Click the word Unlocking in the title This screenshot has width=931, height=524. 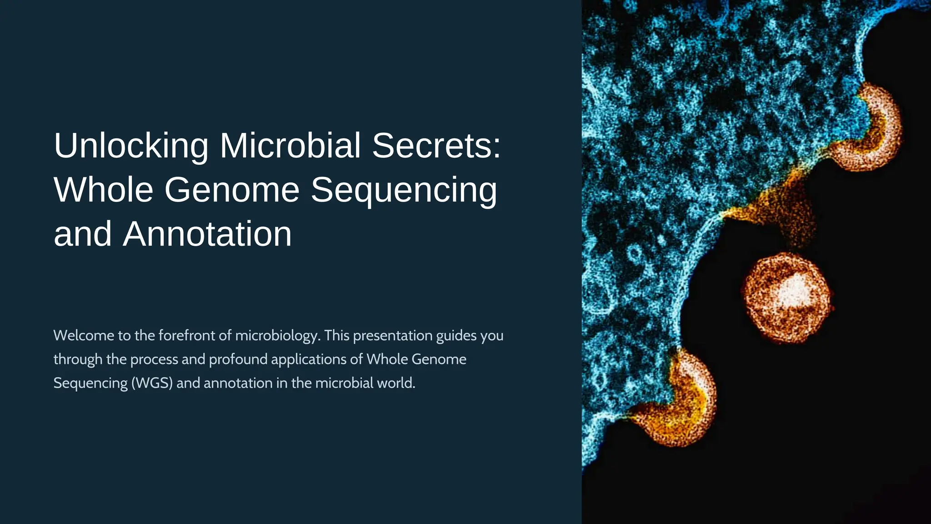pyautogui.click(x=131, y=146)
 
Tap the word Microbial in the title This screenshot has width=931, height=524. pyautogui.click(x=290, y=146)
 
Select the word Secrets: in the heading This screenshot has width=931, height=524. pyautogui.click(x=436, y=146)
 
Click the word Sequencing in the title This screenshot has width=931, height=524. pyautogui.click(x=404, y=190)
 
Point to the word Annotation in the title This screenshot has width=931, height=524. pyautogui.click(x=207, y=234)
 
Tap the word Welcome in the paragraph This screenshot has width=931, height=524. pyautogui.click(x=84, y=336)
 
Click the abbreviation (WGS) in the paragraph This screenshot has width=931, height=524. pyautogui.click(x=152, y=383)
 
